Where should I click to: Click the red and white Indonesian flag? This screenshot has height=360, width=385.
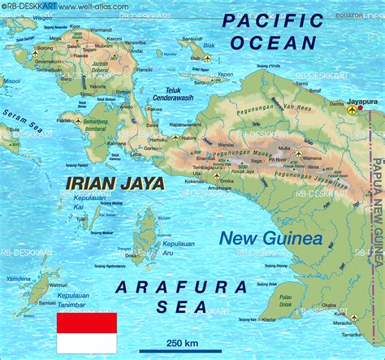click(x=86, y=332)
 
